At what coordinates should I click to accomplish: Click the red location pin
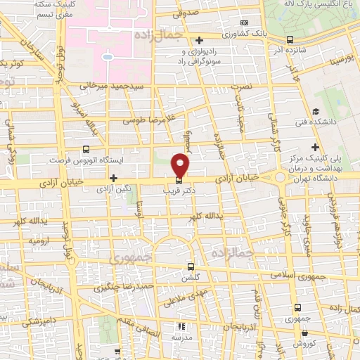pyautogui.click(x=181, y=165)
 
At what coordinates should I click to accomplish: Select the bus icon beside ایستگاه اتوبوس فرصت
pyautogui.click(x=86, y=149)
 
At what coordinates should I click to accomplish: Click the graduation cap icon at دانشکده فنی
pyautogui.click(x=315, y=112)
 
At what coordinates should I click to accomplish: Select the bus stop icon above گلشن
pyautogui.click(x=191, y=266)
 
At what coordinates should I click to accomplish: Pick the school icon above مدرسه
pyautogui.click(x=181, y=326)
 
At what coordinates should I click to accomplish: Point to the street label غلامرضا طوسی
pyautogui.click(x=150, y=118)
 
